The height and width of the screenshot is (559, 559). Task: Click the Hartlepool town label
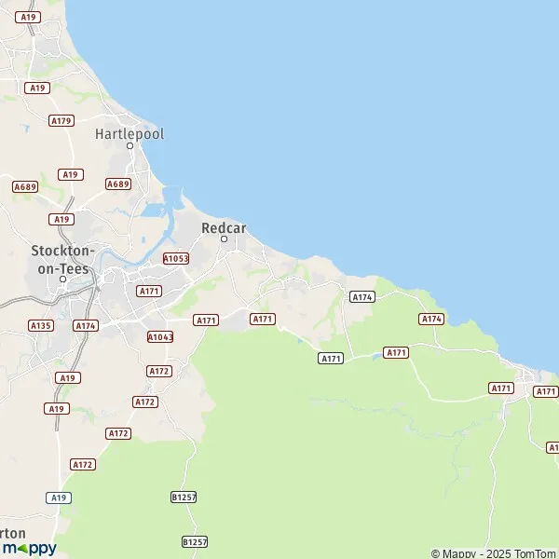click(x=130, y=134)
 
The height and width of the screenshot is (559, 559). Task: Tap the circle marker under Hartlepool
click(x=130, y=147)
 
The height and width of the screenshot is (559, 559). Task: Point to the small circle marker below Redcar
click(x=224, y=239)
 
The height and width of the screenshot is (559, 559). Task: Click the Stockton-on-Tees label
click(x=62, y=259)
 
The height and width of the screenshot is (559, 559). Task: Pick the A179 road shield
click(x=61, y=120)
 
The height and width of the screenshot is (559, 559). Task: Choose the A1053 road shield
click(x=175, y=258)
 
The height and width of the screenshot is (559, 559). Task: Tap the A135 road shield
click(x=40, y=325)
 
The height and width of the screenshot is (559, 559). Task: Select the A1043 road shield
click(x=160, y=336)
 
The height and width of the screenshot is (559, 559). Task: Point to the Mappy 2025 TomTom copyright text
click(x=493, y=553)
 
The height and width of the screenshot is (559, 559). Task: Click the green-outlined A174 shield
click(x=361, y=296)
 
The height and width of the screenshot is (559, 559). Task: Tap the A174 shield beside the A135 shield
click(x=86, y=325)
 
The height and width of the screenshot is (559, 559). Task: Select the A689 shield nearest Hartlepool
click(x=117, y=184)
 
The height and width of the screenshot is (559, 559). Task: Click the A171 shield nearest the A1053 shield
click(x=149, y=291)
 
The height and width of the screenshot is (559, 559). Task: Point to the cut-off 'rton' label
click(x=13, y=533)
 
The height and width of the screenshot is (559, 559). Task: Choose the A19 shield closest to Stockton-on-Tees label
click(x=61, y=219)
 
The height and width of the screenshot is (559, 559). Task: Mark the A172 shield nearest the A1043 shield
click(x=159, y=371)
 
